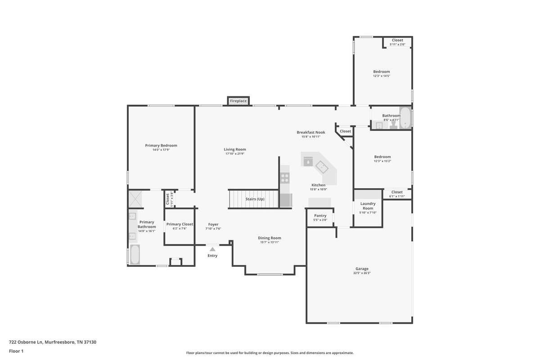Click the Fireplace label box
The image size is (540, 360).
pos(238,101)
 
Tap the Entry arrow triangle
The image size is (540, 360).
pos(212,249)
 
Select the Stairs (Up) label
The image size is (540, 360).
pos(255,199)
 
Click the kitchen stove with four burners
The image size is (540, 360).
pos(285,178)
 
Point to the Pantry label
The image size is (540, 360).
pos(320,216)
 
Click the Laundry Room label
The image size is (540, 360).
pos(368,206)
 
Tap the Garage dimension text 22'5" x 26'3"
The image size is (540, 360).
pos(362,273)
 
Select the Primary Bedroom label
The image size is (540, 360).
pos(161,145)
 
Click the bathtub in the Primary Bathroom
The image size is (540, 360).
pos(135,254)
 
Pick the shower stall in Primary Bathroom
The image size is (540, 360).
pos(135,199)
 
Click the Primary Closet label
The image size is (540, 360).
pos(180,224)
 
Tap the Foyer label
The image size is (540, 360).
pos(213,224)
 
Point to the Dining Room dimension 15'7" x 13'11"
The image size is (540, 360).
pos(270,242)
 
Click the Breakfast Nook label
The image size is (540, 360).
pos(311,132)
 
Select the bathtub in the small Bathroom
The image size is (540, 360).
pos(405,117)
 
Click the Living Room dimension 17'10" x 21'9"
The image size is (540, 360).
pos(235,153)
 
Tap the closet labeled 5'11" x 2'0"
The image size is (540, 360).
pos(397,42)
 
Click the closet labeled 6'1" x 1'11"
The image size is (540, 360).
pos(397,194)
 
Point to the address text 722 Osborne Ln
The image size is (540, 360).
pos(26,342)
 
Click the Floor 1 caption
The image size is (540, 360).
pos(16,351)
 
